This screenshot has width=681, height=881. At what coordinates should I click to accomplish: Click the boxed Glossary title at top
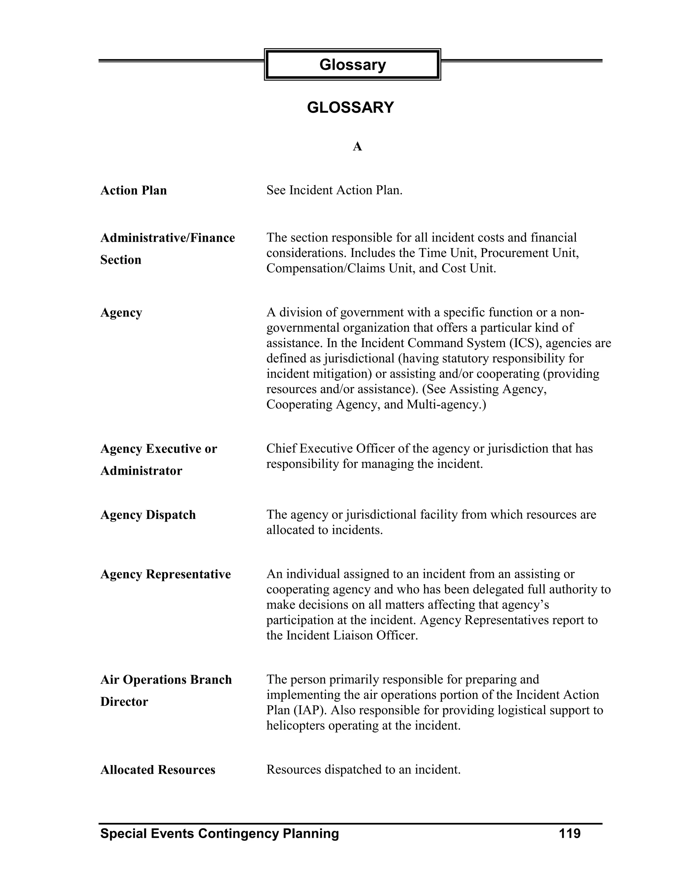[352, 64]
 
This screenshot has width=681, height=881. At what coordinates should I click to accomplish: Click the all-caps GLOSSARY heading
[350, 108]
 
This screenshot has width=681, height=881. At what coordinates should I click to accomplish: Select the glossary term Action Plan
[134, 190]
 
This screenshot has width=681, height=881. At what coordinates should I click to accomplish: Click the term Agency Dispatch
[148, 515]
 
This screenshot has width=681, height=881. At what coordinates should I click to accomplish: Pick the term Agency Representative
[165, 574]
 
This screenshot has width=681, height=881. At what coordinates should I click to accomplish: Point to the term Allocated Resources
[158, 770]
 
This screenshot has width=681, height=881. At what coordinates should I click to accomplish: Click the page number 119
[569, 833]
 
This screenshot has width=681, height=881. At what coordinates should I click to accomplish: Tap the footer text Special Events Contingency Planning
[219, 834]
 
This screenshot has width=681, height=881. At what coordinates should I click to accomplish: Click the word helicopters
[296, 726]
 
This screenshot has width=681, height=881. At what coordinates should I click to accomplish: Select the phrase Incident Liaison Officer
[352, 636]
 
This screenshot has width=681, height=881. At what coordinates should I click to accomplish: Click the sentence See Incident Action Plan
[335, 190]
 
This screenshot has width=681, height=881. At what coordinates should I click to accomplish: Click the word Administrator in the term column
[141, 471]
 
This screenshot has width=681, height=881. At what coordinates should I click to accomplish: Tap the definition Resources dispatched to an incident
[363, 770]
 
